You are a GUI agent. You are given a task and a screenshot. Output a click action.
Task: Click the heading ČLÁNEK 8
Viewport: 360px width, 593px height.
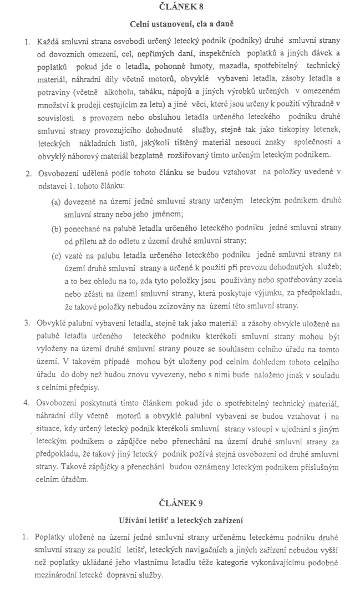pos(181,7)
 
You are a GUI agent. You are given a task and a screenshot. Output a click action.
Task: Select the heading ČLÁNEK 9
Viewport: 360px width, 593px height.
pos(181,503)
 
